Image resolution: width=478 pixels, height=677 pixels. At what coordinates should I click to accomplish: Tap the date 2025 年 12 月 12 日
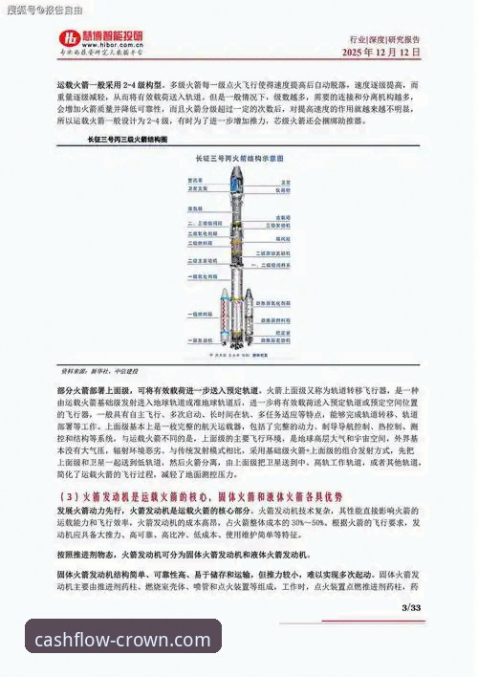tap(380, 54)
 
